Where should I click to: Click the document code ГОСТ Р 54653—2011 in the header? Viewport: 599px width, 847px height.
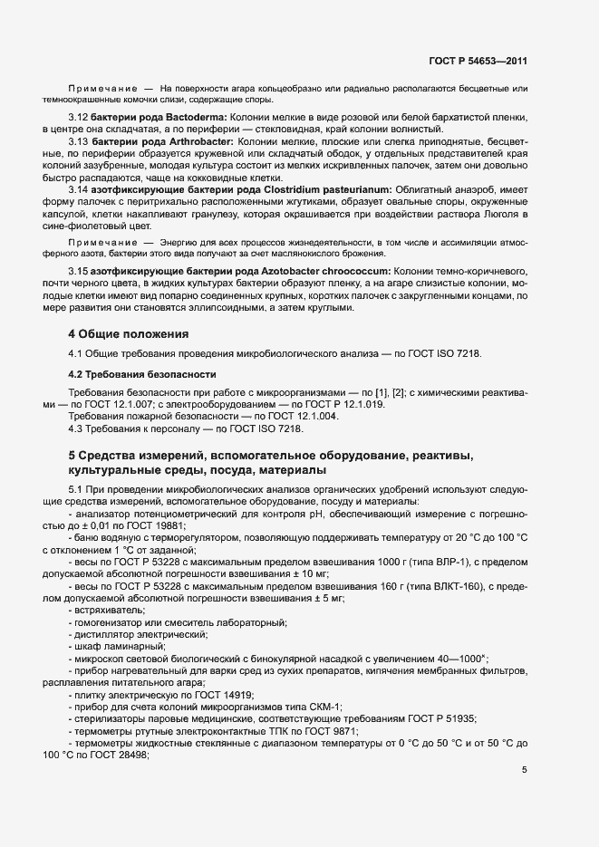pyautogui.click(x=478, y=61)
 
